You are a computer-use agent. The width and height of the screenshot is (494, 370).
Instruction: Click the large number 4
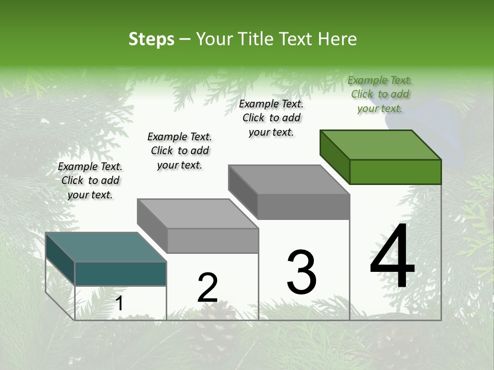coord(392,256)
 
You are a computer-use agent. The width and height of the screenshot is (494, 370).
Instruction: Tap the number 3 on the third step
coord(302,272)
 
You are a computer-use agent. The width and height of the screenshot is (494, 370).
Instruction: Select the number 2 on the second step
coord(208,288)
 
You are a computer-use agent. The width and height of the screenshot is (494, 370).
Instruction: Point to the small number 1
coord(119,304)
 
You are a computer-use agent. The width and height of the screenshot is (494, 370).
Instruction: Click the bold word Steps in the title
coord(151,39)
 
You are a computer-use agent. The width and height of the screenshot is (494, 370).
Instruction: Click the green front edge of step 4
coord(395,172)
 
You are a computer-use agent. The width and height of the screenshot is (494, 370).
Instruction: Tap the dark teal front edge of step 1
coord(120,273)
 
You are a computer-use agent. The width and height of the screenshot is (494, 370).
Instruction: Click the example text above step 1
coord(90,180)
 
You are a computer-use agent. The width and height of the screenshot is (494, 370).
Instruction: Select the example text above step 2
coord(180,151)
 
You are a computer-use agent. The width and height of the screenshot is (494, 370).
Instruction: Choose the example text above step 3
coord(271,118)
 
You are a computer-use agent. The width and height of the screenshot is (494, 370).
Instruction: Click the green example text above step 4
coord(380,94)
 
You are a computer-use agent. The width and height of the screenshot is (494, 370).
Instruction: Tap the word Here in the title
coord(338,39)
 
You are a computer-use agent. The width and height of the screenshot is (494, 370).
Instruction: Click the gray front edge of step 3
coord(304,207)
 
